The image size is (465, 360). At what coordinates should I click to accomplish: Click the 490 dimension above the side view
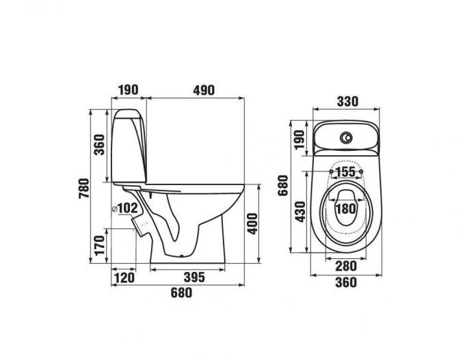point(204,90)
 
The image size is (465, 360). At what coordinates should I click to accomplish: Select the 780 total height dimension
point(84,189)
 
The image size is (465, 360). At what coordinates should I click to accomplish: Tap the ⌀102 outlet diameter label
point(125,208)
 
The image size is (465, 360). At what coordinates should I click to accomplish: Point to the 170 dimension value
point(100,245)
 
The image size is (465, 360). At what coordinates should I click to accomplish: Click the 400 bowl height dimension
point(252,223)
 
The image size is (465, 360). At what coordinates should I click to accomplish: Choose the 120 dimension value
point(124,278)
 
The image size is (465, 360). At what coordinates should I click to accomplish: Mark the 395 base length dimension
point(194,277)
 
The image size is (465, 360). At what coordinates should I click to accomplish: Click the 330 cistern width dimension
point(347,101)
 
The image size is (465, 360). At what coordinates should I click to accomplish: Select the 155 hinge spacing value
point(346,171)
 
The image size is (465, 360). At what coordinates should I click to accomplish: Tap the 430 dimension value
point(300,212)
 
